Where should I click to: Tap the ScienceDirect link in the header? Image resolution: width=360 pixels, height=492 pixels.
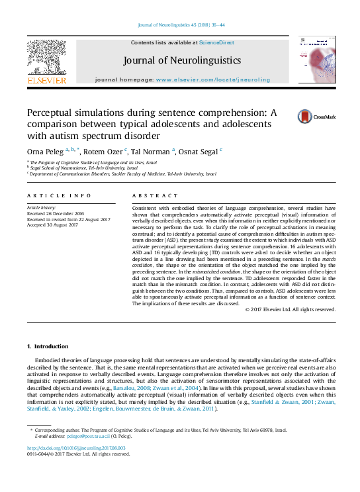(217, 42)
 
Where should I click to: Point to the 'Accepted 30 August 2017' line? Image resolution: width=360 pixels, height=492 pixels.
(54, 224)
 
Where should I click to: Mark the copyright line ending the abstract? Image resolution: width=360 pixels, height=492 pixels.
(289, 309)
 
